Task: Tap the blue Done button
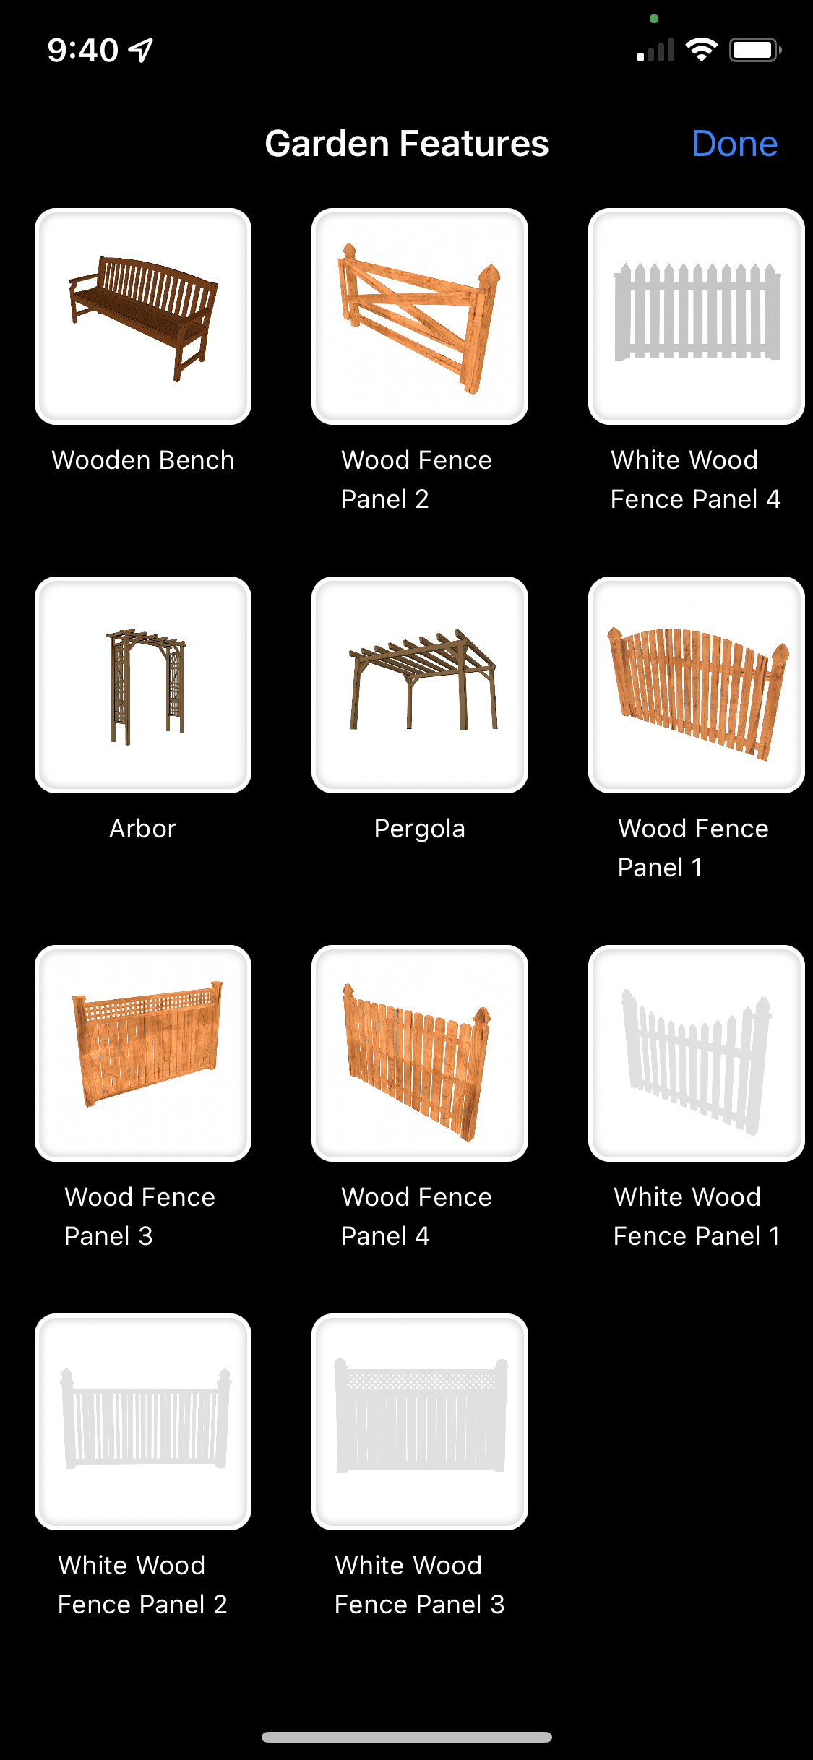pyautogui.click(x=734, y=144)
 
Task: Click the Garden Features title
pyautogui.click(x=407, y=144)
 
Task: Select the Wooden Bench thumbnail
pyautogui.click(x=143, y=316)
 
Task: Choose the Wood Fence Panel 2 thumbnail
pyautogui.click(x=420, y=316)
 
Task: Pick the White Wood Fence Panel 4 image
pyautogui.click(x=697, y=316)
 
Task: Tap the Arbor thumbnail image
pyautogui.click(x=143, y=685)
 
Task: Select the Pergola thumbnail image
pyautogui.click(x=420, y=685)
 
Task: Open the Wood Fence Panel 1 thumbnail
pyautogui.click(x=697, y=685)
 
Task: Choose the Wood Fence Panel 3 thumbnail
pyautogui.click(x=143, y=1053)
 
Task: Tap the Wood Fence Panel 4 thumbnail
pyautogui.click(x=420, y=1053)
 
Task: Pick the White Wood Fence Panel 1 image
pyautogui.click(x=697, y=1053)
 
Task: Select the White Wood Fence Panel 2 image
pyautogui.click(x=143, y=1422)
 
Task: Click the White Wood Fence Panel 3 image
pyautogui.click(x=420, y=1422)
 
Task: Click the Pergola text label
pyautogui.click(x=420, y=829)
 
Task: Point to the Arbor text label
pyautogui.click(x=143, y=829)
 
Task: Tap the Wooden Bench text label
pyautogui.click(x=143, y=460)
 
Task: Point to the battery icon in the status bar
pyautogui.click(x=755, y=50)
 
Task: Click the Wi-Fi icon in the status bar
pyautogui.click(x=701, y=50)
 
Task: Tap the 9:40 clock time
pyautogui.click(x=83, y=50)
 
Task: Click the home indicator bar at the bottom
pyautogui.click(x=407, y=1737)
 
